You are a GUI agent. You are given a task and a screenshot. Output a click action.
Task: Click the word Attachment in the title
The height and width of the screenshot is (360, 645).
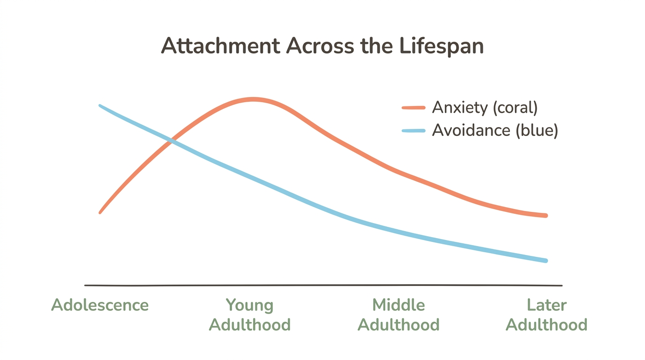tap(220, 46)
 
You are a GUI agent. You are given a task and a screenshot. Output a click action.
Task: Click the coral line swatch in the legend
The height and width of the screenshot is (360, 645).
tap(413, 108)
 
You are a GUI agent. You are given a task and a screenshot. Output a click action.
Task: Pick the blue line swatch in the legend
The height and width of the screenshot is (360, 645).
tap(413, 131)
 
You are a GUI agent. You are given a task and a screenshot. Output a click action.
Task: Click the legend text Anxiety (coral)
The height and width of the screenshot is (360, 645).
tap(485, 108)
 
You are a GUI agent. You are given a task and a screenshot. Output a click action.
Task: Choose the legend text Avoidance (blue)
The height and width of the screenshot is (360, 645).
tap(495, 130)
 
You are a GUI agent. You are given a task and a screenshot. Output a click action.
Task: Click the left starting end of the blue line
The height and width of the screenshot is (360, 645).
tap(101, 106)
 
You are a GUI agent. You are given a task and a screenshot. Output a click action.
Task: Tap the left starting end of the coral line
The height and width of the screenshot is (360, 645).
tap(101, 212)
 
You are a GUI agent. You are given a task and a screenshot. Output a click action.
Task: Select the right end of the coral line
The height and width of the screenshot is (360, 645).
tap(546, 216)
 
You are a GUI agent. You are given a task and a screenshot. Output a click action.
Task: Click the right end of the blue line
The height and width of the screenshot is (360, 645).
tap(546, 261)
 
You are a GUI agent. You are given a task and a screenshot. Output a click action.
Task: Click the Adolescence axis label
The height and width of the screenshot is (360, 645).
tap(100, 305)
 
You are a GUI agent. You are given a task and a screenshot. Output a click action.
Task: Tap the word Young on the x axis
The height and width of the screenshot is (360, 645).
tap(249, 305)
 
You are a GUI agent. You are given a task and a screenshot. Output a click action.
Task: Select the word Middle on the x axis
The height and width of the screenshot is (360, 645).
tap(398, 305)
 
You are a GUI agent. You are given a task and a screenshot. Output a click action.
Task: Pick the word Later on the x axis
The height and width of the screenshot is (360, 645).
tap(547, 305)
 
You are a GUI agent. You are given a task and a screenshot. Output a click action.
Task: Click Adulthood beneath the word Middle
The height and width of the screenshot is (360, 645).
tap(398, 325)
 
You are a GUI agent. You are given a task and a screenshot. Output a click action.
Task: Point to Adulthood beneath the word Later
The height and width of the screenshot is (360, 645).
tap(547, 325)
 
